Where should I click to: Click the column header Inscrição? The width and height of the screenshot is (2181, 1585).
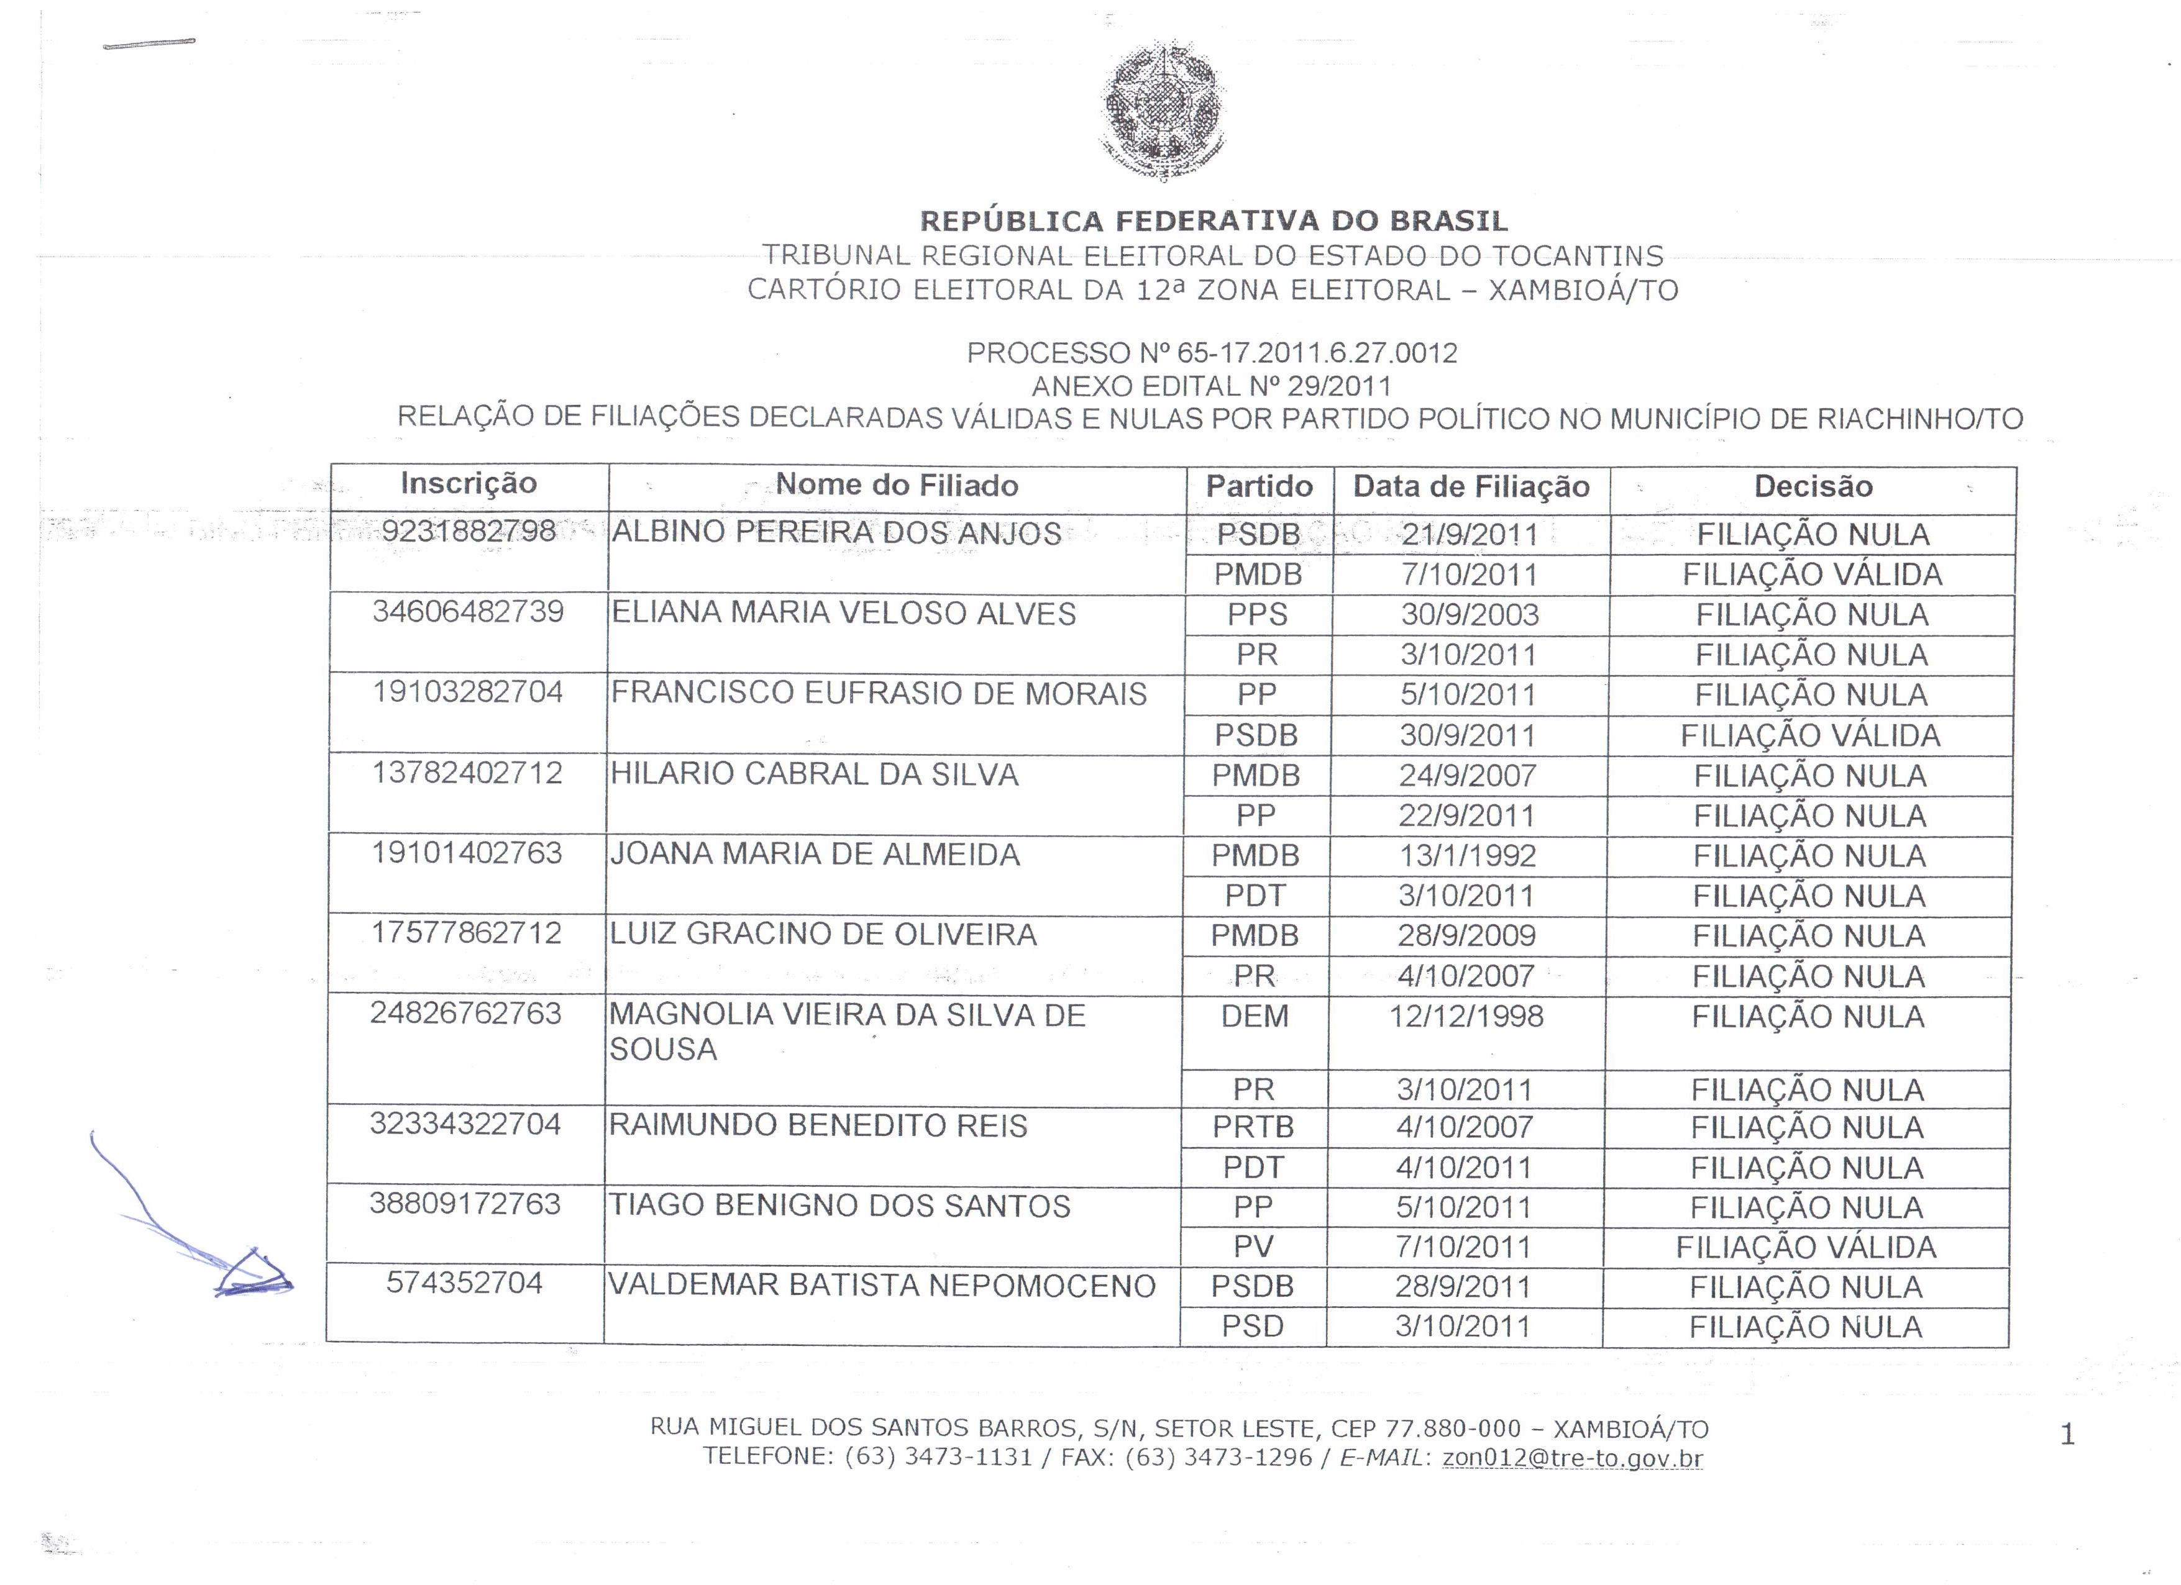[469, 483]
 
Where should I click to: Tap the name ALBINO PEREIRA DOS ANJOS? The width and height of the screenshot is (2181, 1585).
[836, 534]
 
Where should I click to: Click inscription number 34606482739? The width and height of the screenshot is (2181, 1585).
[469, 612]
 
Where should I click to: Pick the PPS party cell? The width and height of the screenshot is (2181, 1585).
[1257, 615]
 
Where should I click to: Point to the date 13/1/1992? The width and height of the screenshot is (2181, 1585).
[1466, 855]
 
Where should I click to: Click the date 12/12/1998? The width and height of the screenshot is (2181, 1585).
[1466, 1016]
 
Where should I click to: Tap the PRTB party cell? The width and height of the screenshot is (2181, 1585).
[1253, 1127]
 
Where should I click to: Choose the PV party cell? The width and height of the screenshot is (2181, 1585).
[1253, 1247]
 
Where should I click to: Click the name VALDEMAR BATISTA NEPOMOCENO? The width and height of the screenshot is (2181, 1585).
[882, 1286]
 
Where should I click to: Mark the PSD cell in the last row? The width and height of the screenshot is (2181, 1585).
[1252, 1327]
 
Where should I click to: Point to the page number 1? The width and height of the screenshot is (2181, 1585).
[2067, 1435]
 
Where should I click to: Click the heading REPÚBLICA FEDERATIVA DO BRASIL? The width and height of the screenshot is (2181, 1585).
[1214, 221]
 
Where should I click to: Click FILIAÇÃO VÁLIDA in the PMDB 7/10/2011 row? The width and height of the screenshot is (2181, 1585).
[1812, 575]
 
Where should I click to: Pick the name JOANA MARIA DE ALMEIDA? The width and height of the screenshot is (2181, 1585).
[815, 855]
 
